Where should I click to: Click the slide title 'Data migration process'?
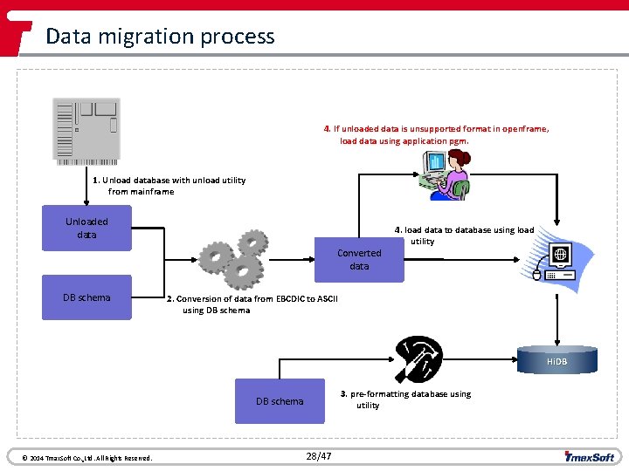click(x=160, y=37)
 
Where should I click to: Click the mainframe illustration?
click(x=86, y=131)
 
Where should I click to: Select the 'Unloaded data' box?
click(x=86, y=229)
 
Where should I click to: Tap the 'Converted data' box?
click(x=359, y=259)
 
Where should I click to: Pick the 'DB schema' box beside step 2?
click(x=86, y=298)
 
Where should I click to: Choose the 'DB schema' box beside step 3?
click(x=280, y=401)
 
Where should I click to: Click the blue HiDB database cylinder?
click(x=556, y=360)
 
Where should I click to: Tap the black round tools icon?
click(x=418, y=360)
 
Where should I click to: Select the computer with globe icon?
click(x=556, y=263)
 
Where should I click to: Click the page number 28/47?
click(x=319, y=456)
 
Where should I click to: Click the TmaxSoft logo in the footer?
click(x=590, y=455)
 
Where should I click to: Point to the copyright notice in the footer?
click(x=80, y=458)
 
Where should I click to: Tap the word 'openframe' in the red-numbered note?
click(x=523, y=129)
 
